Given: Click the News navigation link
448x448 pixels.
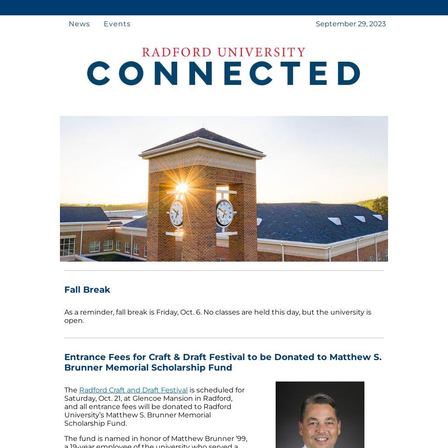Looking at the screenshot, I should [x=79, y=24].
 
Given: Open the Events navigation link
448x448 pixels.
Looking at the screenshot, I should [x=117, y=24].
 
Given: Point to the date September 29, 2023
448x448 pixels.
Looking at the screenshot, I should [x=350, y=24].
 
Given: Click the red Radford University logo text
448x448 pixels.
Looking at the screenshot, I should [x=224, y=52].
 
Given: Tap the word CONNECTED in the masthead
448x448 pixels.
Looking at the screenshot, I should [x=224, y=73].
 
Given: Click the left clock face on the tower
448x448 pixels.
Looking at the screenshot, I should [x=177, y=213].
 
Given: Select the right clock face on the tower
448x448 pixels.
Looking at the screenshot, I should [x=224, y=213].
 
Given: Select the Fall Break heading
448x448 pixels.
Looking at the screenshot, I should [x=87, y=290].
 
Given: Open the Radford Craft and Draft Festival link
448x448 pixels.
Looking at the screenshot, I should [x=133, y=390].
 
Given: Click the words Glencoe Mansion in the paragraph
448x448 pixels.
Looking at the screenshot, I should [x=159, y=399].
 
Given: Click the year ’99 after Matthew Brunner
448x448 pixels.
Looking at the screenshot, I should [x=241, y=439].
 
